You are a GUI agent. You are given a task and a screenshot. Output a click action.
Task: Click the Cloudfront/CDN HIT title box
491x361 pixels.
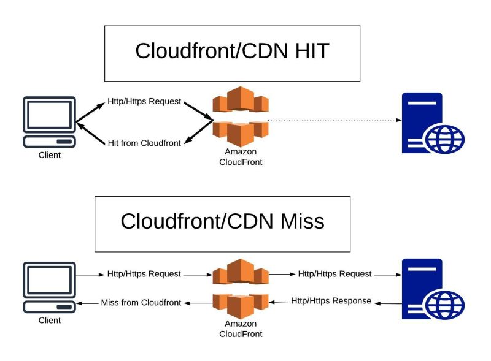click(x=232, y=53)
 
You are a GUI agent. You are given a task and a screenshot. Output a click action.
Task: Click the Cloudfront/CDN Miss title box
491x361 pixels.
click(x=222, y=224)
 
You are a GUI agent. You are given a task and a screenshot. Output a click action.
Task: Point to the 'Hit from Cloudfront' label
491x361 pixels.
click(x=144, y=143)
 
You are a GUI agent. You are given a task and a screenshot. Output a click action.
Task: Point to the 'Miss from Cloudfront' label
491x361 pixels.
click(x=141, y=303)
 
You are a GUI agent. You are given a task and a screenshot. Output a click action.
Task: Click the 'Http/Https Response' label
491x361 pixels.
click(x=331, y=301)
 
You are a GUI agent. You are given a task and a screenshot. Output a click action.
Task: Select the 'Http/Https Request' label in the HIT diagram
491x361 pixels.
click(x=144, y=101)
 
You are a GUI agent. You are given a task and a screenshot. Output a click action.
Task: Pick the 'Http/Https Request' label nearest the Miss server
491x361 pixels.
click(x=334, y=274)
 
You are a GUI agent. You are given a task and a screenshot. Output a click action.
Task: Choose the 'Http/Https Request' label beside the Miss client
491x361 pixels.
click(x=144, y=274)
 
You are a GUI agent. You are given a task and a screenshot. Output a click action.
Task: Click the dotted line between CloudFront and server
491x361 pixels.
click(x=331, y=120)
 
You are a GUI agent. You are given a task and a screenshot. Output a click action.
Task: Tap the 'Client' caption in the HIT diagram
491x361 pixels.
click(x=49, y=156)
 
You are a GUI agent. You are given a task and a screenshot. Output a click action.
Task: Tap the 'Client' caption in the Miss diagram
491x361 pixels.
click(x=49, y=321)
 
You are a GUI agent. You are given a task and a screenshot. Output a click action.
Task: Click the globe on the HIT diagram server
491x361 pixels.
click(x=446, y=139)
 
